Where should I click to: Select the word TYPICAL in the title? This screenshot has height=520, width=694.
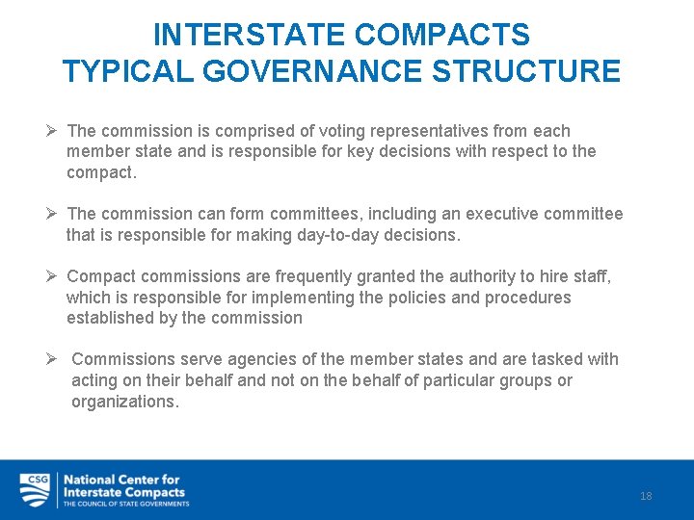tap(121, 71)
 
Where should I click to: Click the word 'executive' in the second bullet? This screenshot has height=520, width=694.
tap(510, 214)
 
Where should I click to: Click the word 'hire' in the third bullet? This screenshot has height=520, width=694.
tap(553, 277)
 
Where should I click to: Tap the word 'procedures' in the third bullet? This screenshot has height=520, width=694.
tap(529, 298)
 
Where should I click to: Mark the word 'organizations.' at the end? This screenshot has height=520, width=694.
tap(125, 402)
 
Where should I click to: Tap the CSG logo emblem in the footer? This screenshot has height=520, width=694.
tap(36, 490)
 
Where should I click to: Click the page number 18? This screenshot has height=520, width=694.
tap(646, 496)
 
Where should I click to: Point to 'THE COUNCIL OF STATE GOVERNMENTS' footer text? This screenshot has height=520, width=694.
tap(126, 504)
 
